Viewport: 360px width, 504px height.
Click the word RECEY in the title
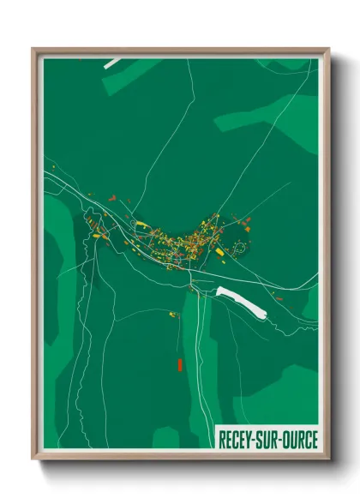(x=237, y=437)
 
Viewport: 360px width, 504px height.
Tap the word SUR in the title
(x=268, y=437)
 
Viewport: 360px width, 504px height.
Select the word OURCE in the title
(x=297, y=437)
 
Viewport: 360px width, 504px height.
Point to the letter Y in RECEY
(x=252, y=437)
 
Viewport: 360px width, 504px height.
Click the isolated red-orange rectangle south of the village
(x=180, y=364)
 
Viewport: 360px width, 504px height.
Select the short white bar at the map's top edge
(x=112, y=63)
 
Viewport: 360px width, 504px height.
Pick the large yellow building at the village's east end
(x=220, y=252)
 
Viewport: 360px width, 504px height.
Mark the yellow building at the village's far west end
(x=98, y=231)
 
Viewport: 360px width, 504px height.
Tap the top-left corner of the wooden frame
(x=33, y=49)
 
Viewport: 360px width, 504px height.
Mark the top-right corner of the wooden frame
(x=328, y=49)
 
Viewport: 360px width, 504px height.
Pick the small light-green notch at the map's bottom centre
(x=167, y=438)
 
